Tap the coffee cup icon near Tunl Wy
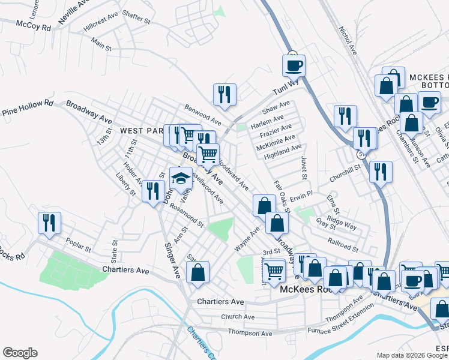pos(294,66)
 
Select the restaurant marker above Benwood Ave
pos(224,94)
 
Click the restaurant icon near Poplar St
pos(49,223)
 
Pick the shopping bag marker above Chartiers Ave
pos(198,272)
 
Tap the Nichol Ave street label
pos(348,41)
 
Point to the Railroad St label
pos(343,244)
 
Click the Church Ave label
pos(238,317)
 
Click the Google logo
pos(20,353)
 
